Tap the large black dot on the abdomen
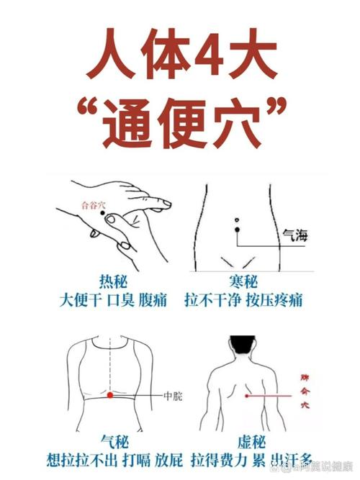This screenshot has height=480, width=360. (x=236, y=230)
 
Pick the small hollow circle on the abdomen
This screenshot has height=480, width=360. (x=235, y=219)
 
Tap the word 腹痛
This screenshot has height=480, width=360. (x=153, y=299)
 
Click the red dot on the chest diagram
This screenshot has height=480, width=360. (x=109, y=395)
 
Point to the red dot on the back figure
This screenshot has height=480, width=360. (x=247, y=395)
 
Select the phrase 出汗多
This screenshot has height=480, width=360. (x=297, y=458)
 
